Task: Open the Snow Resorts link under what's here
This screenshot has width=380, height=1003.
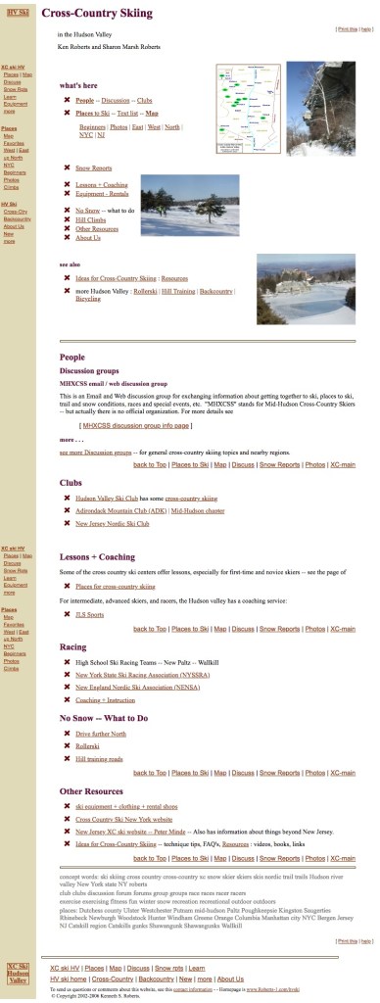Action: coord(93,168)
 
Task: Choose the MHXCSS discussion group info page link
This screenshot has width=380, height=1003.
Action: coord(136,426)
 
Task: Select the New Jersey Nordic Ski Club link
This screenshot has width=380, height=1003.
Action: coord(112,524)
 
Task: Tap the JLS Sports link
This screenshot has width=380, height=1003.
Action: coord(89,614)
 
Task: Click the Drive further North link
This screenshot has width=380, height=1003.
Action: coord(101,733)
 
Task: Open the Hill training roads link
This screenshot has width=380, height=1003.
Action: coord(99,758)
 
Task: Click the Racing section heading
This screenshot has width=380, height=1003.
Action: coord(72,646)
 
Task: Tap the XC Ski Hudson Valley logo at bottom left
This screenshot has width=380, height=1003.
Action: coord(18,973)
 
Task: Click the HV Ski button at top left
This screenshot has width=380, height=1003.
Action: coord(17,12)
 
